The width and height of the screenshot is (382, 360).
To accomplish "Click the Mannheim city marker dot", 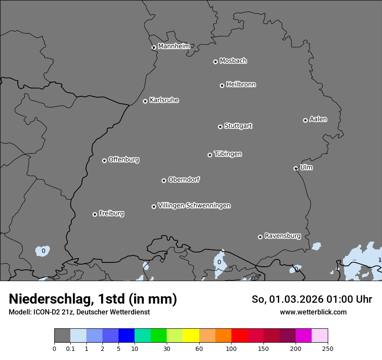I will click(154, 48).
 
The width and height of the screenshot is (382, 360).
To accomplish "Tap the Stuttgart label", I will click(238, 126).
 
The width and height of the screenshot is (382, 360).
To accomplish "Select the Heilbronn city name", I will click(241, 85).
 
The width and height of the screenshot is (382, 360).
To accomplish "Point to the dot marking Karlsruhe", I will click(145, 101).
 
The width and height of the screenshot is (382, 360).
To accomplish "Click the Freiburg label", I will click(111, 213).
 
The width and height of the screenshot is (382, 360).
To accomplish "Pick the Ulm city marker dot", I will click(296, 168).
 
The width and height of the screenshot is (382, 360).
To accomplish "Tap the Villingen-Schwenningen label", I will click(194, 206).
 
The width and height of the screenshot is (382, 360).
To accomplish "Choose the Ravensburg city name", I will click(282, 236).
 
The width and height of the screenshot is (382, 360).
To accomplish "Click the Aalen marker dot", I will click(305, 120).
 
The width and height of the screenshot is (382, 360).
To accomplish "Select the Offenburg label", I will click(124, 160).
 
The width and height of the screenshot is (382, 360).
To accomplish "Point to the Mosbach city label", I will click(233, 61).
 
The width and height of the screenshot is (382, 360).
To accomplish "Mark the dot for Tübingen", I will click(210, 155).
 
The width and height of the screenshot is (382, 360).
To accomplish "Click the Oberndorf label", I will click(184, 180).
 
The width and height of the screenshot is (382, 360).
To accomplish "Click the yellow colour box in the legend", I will click(191, 336).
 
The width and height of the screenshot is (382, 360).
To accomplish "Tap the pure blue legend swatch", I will click(126, 336).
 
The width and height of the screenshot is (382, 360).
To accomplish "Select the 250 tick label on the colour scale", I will click(328, 348).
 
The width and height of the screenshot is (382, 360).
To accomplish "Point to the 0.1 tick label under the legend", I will click(70, 348).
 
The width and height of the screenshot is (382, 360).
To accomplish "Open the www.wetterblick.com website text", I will click(313, 312).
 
